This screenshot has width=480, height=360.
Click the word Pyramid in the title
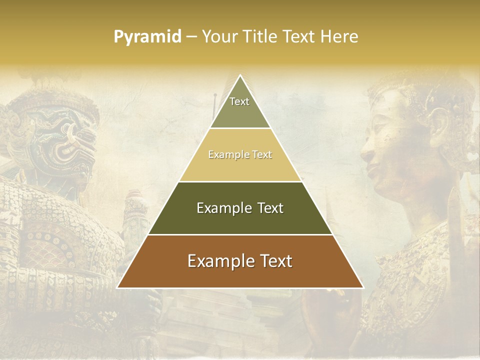tap(147, 37)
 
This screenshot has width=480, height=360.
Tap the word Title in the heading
tap(263, 37)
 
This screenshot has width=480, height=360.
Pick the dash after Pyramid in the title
tap(191, 37)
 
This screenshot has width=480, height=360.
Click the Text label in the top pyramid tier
tap(239, 101)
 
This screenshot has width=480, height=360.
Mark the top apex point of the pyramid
tap(240, 75)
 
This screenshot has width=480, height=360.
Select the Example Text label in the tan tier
tap(240, 154)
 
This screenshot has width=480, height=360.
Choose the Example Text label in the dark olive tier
tap(240, 208)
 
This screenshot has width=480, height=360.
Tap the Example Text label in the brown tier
tap(240, 261)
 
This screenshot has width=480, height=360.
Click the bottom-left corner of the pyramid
tap(117, 288)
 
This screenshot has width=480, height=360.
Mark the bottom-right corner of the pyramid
tap(363, 288)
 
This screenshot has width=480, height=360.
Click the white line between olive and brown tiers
tap(240, 234)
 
